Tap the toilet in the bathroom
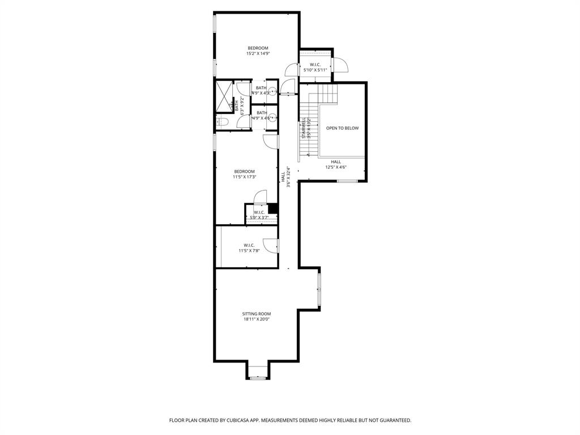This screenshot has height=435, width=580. click(222, 122)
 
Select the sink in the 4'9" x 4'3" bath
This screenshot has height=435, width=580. click(273, 91)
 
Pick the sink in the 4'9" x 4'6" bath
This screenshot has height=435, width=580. click(273, 118)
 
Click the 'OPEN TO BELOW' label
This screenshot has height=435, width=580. click(342, 129)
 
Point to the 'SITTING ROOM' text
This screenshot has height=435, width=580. click(257, 314)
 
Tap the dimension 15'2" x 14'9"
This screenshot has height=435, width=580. click(258, 54)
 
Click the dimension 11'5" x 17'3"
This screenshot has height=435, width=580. click(245, 177)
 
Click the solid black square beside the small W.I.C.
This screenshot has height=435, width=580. click(273, 208)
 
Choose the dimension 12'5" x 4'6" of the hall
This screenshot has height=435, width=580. click(336, 167)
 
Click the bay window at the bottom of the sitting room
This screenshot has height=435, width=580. click(258, 377)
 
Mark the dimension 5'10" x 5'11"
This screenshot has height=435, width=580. click(315, 70)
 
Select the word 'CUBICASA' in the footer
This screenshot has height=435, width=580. click(258, 420)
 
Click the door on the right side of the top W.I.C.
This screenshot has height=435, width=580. click(340, 65)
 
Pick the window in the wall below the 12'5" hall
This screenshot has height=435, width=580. click(347, 181)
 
